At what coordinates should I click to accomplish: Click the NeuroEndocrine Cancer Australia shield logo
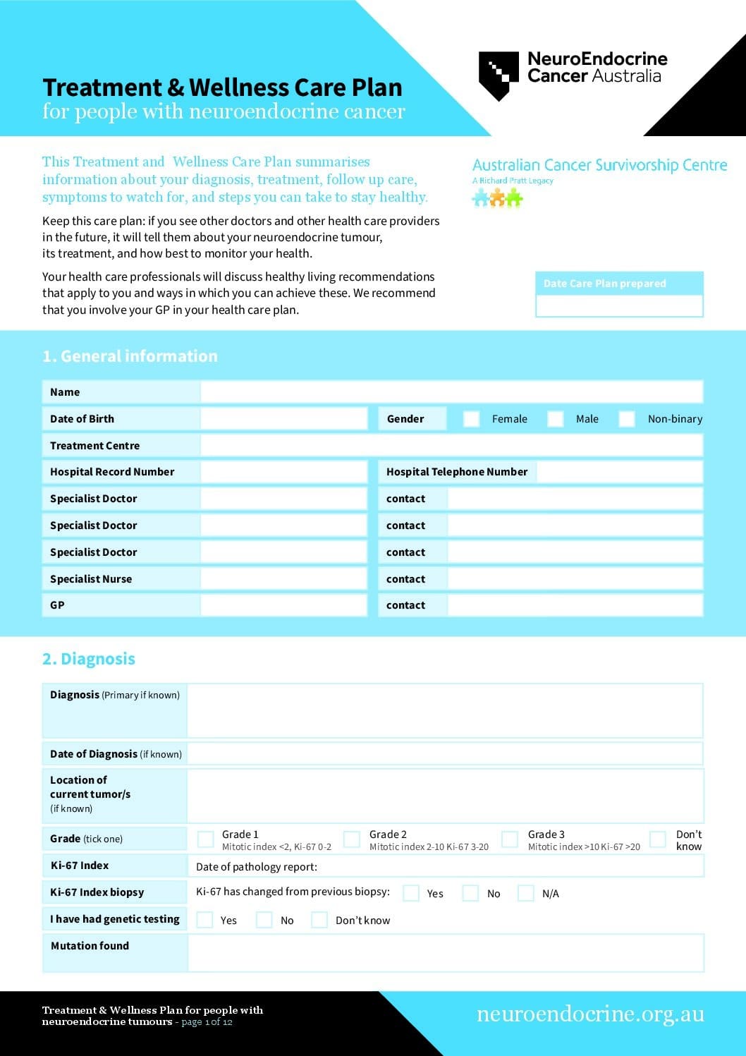pos(499,75)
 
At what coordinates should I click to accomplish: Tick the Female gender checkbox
pos(471,419)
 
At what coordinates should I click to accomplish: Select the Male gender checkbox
pos(556,419)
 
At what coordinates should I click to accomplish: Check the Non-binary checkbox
pos(627,419)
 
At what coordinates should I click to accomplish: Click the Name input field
pos(451,392)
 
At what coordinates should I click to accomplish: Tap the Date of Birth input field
pos(283,419)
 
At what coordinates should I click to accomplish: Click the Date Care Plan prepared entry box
pos(619,305)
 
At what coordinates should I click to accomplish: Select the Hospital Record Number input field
pos(283,472)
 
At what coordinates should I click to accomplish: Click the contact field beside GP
pos(575,605)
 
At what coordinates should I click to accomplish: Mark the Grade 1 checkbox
pos(206,839)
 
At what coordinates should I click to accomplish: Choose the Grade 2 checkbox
pos(351,839)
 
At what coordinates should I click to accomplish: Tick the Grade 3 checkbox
pos(510,839)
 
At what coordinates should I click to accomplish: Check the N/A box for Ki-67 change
pos(526,893)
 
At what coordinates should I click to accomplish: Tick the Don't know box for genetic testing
pos(319,920)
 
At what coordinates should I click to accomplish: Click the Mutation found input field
pos(445,953)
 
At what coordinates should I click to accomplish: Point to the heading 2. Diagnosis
pos(89,659)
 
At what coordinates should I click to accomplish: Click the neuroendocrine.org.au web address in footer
pos(590,1014)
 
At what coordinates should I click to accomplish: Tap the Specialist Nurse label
pos(91,579)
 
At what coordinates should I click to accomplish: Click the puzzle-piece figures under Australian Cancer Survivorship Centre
pos(497,198)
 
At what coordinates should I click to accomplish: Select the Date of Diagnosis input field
pos(445,754)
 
